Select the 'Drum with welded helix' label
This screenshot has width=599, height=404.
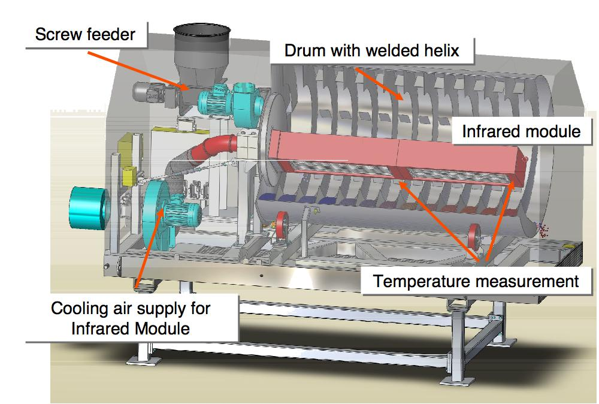point(371,50)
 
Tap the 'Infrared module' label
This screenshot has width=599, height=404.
point(521,131)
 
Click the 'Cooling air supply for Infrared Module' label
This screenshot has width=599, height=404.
point(131,319)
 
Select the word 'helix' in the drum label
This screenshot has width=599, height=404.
point(439,50)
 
